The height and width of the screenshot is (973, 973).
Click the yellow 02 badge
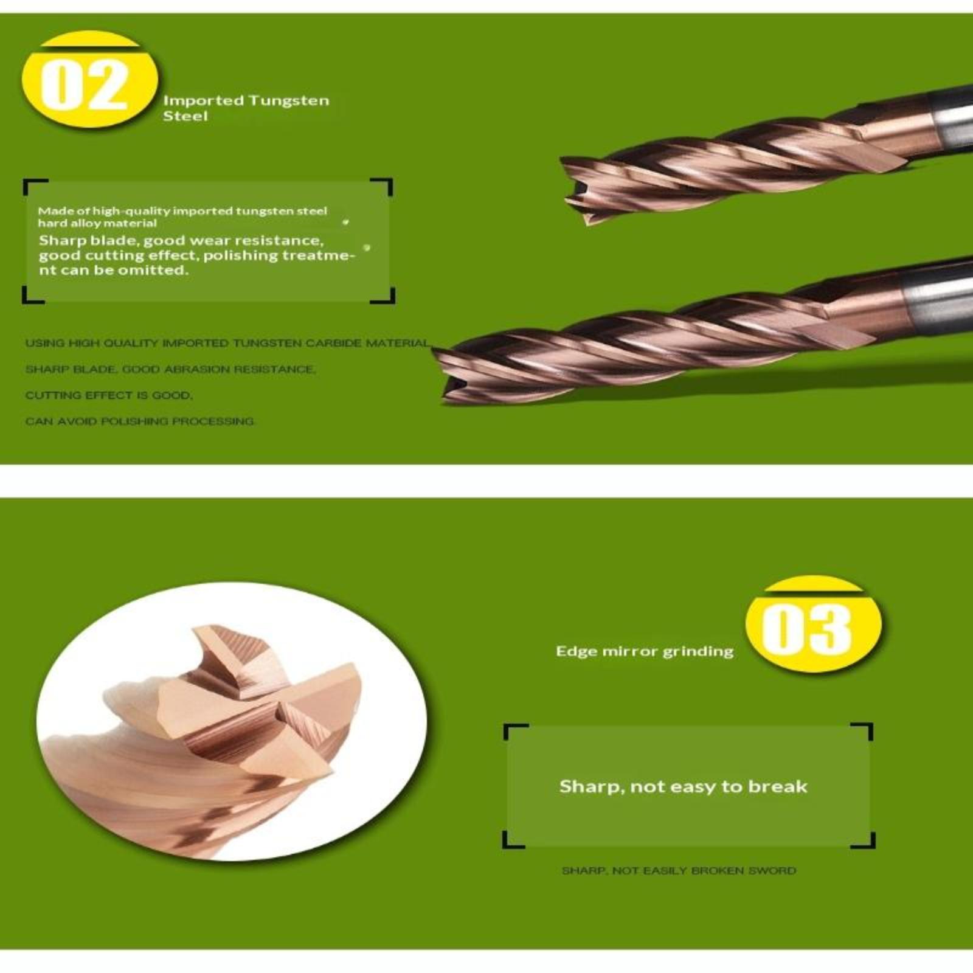tap(90, 80)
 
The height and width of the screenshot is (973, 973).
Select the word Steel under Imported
tap(185, 116)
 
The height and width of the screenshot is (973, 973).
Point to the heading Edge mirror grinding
tap(645, 651)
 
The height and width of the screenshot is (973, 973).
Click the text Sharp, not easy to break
tap(684, 786)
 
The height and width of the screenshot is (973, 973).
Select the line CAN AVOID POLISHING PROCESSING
tap(140, 421)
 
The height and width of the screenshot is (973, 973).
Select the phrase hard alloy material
tap(97, 224)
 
